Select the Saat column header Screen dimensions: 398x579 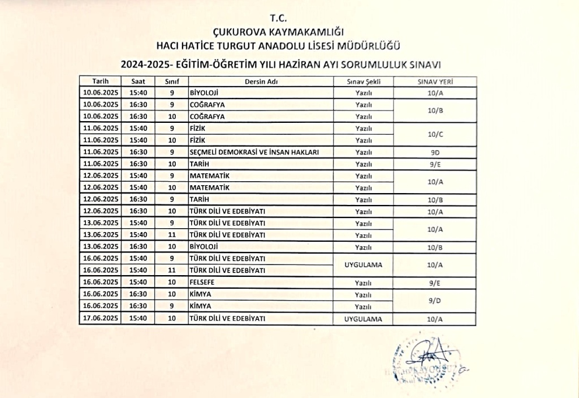[x=139, y=82]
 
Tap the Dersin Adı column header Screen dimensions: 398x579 [x=261, y=82]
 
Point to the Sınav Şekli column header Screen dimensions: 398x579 [x=363, y=82]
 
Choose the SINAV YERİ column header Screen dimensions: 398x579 [x=435, y=82]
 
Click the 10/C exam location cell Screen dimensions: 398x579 [x=435, y=134]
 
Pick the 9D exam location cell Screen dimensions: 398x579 [x=435, y=152]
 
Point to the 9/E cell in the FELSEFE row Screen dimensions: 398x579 [x=435, y=282]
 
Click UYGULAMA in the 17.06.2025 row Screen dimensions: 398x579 [x=363, y=319]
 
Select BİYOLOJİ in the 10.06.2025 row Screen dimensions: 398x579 [x=204, y=92]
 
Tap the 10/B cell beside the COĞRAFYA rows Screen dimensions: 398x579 [x=435, y=110]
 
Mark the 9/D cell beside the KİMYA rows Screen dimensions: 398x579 [x=435, y=301]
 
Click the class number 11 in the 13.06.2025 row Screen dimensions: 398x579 [x=172, y=235]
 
